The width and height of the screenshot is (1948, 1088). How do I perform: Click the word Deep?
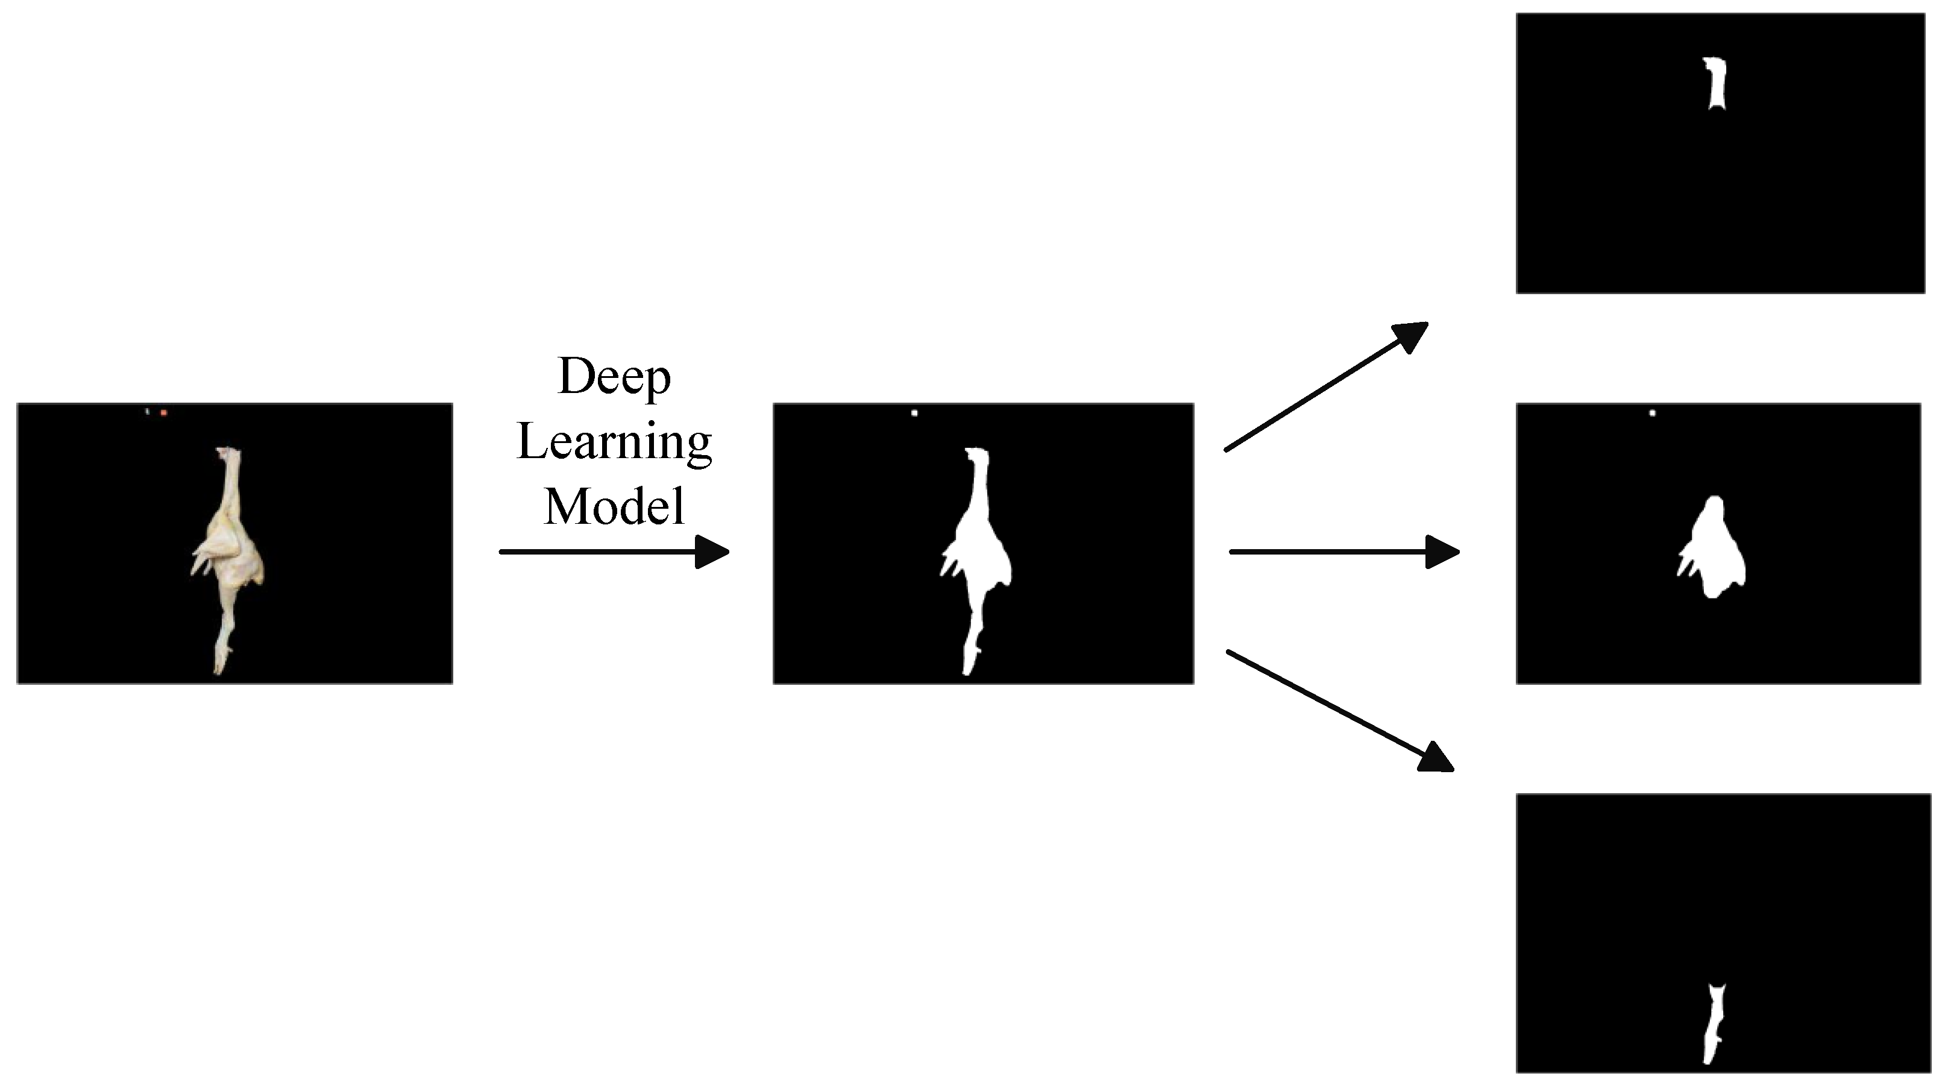[x=614, y=377]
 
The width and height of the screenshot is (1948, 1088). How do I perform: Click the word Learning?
[x=614, y=442]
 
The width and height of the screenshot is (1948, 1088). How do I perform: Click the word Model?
[x=614, y=506]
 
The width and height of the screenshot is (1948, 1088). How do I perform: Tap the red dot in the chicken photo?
[x=163, y=413]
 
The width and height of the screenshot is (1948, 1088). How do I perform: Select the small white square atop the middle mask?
[x=914, y=413]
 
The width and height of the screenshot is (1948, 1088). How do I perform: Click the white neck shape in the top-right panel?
[x=1716, y=84]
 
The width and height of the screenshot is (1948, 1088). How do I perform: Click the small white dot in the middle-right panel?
[x=1652, y=413]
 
